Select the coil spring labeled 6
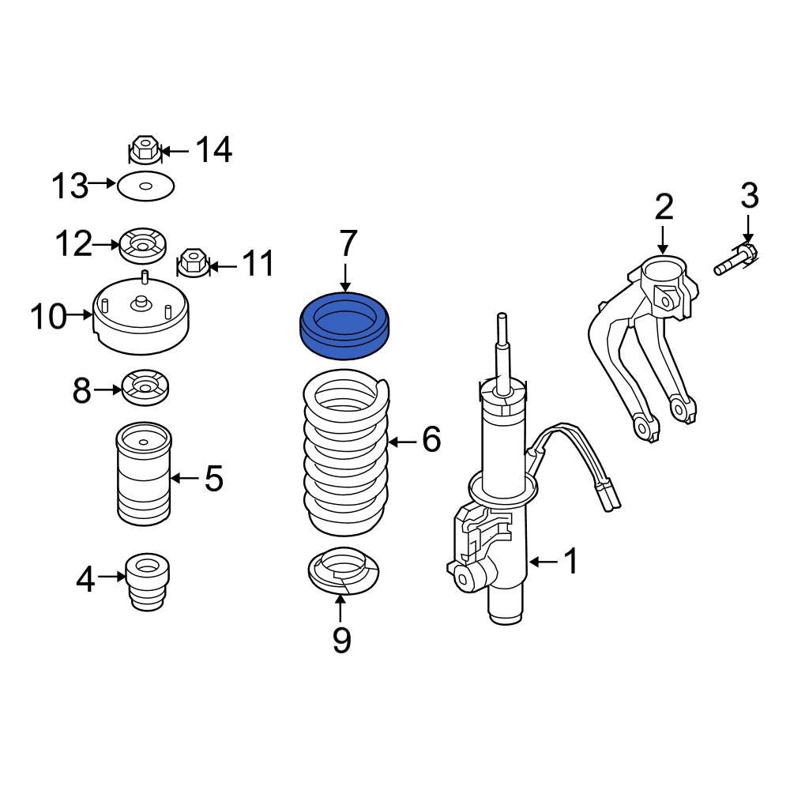[x=346, y=458]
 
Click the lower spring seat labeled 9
[x=343, y=574]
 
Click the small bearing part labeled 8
[x=145, y=387]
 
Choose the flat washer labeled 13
[x=145, y=187]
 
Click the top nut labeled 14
[x=145, y=148]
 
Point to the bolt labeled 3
[x=735, y=261]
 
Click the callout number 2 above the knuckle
[x=664, y=206]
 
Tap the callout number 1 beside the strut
[x=570, y=562]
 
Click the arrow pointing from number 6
[x=403, y=441]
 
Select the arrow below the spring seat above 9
[x=341, y=608]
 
